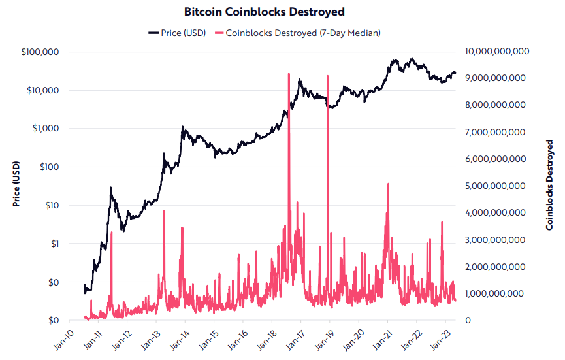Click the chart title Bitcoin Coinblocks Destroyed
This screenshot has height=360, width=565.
pyautogui.click(x=282, y=12)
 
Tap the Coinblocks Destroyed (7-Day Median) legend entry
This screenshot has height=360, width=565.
pyautogui.click(x=303, y=33)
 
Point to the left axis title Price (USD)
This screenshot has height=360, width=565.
pyautogui.click(x=16, y=186)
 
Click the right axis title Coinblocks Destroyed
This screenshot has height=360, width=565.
pyautogui.click(x=550, y=186)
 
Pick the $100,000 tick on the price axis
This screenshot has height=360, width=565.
pyautogui.click(x=42, y=52)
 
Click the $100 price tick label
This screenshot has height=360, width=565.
pyautogui.click(x=50, y=167)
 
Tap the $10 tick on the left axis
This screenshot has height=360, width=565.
pyautogui.click(x=52, y=205)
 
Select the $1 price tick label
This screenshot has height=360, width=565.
pyautogui.click(x=55, y=244)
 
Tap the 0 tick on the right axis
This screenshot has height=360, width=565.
pyautogui.click(x=467, y=320)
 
